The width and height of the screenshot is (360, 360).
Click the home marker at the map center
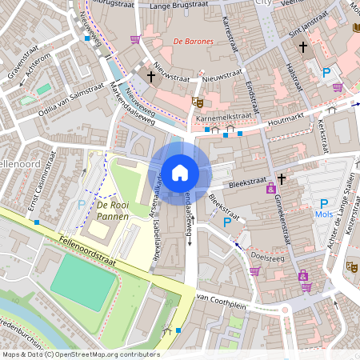(x=180, y=172)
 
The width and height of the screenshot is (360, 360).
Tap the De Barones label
(x=192, y=40)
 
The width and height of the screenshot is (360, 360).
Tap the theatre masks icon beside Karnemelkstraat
(x=197, y=102)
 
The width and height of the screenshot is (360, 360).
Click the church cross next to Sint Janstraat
(x=302, y=47)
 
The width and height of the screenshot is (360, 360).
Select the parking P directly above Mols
(x=324, y=204)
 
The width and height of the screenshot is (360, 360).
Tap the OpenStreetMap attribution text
(x=80, y=354)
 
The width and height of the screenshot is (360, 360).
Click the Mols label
(x=324, y=215)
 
